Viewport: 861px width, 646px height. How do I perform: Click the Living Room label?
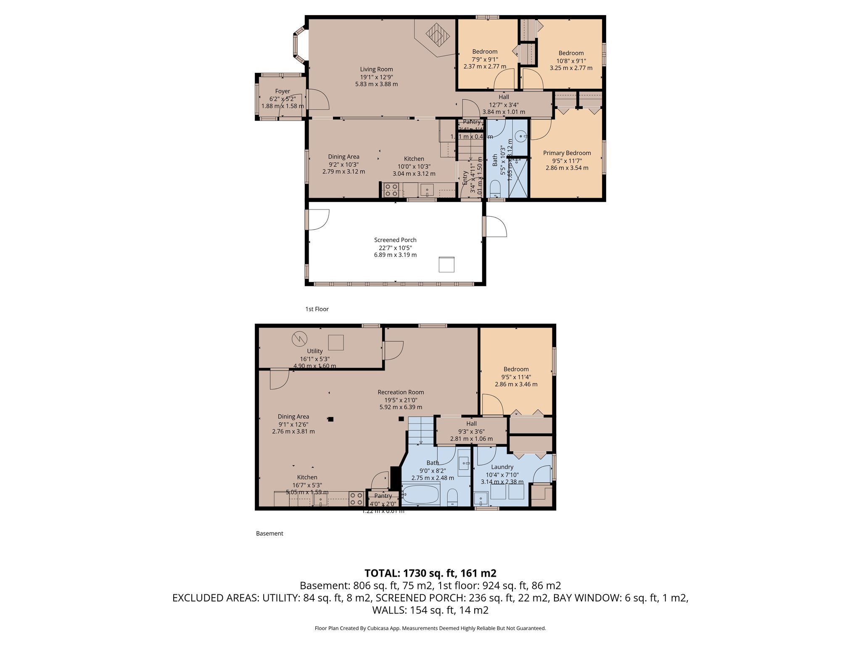pyautogui.click(x=376, y=69)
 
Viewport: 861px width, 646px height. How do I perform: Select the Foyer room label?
pyautogui.click(x=283, y=91)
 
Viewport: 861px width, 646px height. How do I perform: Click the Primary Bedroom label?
pyautogui.click(x=567, y=153)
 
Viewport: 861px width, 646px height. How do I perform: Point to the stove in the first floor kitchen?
pyautogui.click(x=391, y=190)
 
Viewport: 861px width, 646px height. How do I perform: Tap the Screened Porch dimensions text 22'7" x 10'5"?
pyautogui.click(x=395, y=248)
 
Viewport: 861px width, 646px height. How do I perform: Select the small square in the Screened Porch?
pyautogui.click(x=446, y=265)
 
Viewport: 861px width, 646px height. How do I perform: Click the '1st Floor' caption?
pyautogui.click(x=317, y=309)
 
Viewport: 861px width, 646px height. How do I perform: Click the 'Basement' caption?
pyautogui.click(x=269, y=533)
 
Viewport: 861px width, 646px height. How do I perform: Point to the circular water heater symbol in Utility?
pyautogui.click(x=300, y=339)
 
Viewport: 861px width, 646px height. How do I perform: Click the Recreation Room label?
pyautogui.click(x=401, y=392)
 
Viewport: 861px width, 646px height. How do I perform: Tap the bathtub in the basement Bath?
pyautogui.click(x=420, y=494)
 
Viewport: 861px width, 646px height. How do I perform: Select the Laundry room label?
pyautogui.click(x=502, y=467)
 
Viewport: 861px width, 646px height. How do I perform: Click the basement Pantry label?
pyautogui.click(x=383, y=496)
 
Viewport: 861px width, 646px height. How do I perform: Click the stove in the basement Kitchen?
pyautogui.click(x=357, y=499)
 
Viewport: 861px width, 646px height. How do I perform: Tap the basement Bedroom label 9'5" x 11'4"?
pyautogui.click(x=516, y=377)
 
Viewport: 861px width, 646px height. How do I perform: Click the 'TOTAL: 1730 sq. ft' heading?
pyautogui.click(x=430, y=573)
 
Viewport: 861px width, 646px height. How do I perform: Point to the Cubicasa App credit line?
pyautogui.click(x=430, y=628)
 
